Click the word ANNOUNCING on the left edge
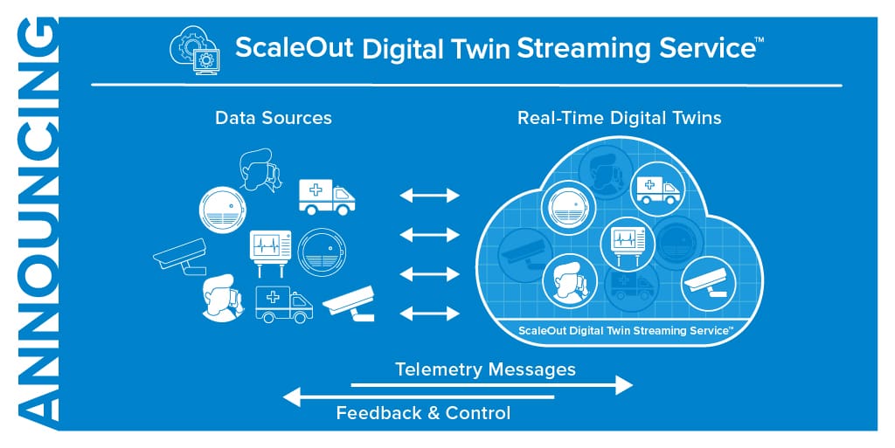34,224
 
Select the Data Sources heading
274,117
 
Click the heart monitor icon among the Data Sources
270,247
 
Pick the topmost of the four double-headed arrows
429,196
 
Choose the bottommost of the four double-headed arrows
429,314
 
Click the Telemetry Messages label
485,369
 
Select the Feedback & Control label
423,413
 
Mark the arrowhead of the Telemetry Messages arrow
624,384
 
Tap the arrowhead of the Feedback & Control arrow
292,397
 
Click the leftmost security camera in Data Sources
181,257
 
